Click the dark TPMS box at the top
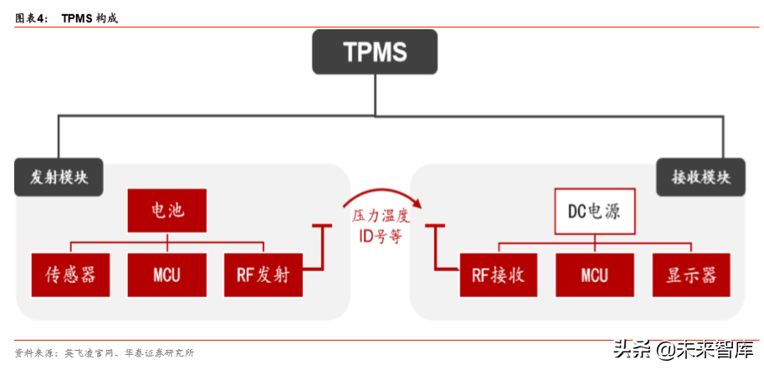coord(375,52)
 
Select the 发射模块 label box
coord(59,177)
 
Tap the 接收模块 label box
coord(700,177)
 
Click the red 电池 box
coord(167,210)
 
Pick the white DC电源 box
coord(594,210)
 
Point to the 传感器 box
coord(70,274)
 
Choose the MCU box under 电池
coord(167,274)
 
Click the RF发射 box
coord(263,274)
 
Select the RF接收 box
coord(498,274)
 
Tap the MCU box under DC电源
coord(594,274)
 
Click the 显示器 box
coord(691,274)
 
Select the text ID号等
coord(380,236)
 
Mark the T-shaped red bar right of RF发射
coord(322,248)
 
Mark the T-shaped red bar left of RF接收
coord(436,248)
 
